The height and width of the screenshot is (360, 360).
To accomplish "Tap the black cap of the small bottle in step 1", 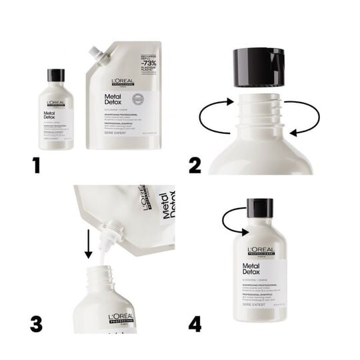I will coord(57,75).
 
